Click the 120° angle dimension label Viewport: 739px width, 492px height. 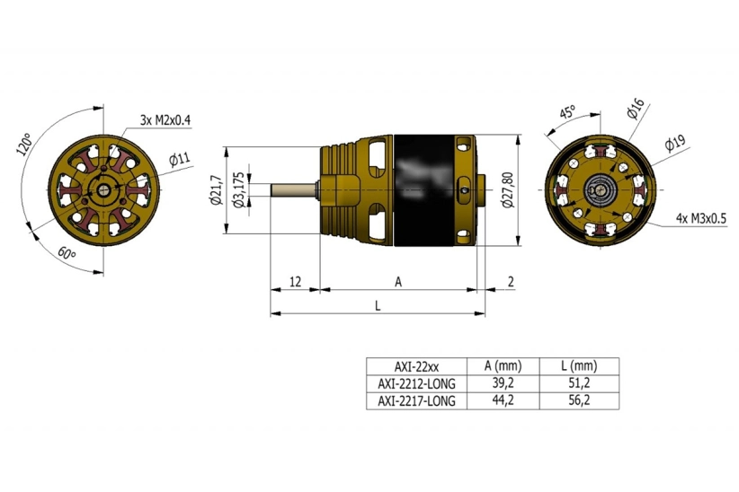coord(24,145)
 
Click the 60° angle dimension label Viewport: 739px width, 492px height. coord(67,255)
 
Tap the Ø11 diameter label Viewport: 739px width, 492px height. coord(179,160)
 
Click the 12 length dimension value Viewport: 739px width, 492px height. coord(294,282)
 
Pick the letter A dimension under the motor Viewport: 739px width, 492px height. coord(398,282)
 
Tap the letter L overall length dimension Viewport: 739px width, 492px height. coord(378,305)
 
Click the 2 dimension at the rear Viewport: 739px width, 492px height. coord(511,282)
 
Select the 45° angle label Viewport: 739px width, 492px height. coord(567,113)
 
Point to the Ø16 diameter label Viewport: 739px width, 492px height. coord(635,110)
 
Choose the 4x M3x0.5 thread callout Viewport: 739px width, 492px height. coord(701,218)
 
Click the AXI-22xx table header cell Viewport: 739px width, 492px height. coord(416,366)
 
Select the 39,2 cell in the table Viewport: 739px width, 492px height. coord(503,383)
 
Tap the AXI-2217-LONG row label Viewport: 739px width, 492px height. coord(416,400)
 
